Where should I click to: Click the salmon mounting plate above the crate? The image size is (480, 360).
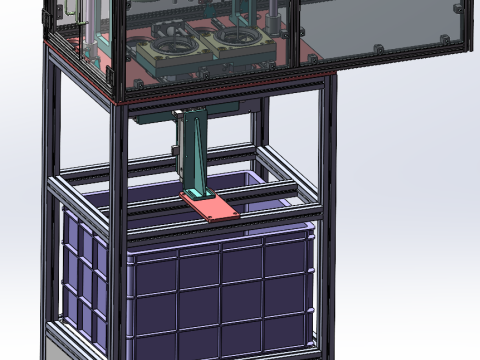coord(212,206)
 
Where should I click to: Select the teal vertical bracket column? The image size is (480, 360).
coord(192,150)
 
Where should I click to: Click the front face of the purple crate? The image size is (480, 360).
coord(220,295)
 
